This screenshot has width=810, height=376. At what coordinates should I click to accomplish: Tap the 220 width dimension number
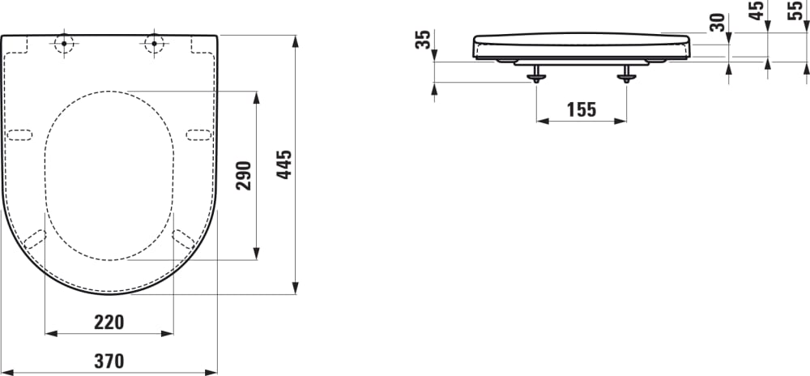[109, 322]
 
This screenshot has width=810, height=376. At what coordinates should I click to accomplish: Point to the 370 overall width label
[109, 361]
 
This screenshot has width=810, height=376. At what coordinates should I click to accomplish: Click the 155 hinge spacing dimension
[581, 109]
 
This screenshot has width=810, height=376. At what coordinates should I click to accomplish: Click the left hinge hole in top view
[63, 44]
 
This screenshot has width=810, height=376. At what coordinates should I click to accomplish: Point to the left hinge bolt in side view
[535, 75]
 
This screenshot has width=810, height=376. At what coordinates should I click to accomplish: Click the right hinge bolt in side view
[626, 75]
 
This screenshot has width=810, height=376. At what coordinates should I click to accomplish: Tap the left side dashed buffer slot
[19, 135]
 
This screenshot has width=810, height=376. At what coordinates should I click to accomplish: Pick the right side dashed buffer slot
[198, 135]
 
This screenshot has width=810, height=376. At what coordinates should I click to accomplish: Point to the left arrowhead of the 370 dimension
[7, 372]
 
